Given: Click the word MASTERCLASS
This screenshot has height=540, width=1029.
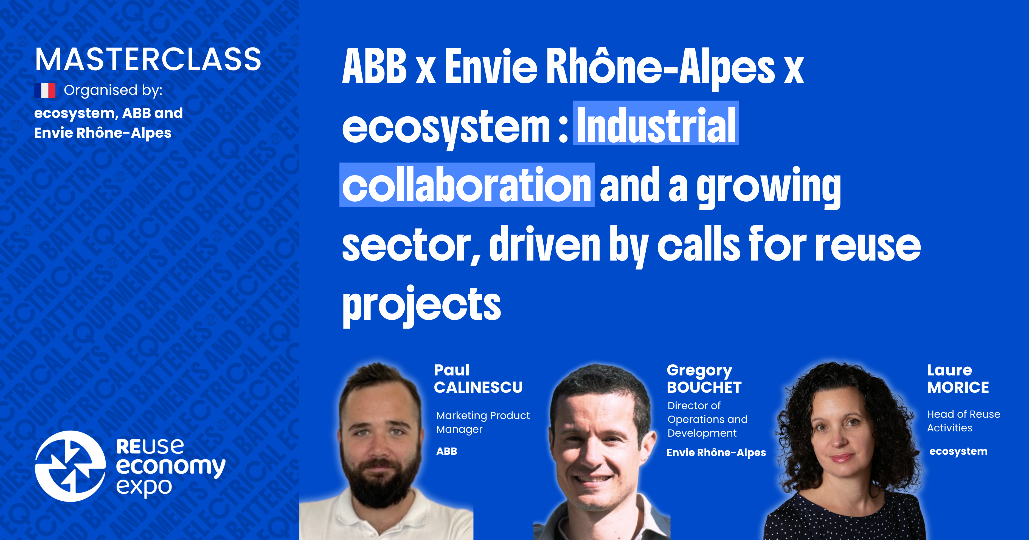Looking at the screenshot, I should [x=148, y=60].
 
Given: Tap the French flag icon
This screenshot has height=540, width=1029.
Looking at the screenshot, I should [x=45, y=91].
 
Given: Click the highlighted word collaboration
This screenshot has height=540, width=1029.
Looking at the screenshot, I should [x=466, y=185].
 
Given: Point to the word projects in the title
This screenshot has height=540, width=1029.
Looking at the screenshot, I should [x=421, y=304].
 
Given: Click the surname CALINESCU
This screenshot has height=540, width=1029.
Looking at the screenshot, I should [x=478, y=387].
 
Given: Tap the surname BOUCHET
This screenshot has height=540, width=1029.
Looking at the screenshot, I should [x=704, y=387].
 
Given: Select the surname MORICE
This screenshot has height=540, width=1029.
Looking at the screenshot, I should [x=958, y=387].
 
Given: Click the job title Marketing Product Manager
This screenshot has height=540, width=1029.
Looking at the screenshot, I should [x=483, y=422].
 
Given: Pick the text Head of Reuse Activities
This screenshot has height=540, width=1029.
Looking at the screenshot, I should [x=963, y=421].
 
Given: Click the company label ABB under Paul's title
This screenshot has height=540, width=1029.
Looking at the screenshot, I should [x=447, y=451].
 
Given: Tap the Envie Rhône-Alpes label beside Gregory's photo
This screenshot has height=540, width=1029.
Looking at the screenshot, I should [x=716, y=453].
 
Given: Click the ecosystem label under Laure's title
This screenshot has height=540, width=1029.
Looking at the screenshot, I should [x=958, y=451].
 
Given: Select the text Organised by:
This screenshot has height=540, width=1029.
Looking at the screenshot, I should [x=113, y=91].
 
